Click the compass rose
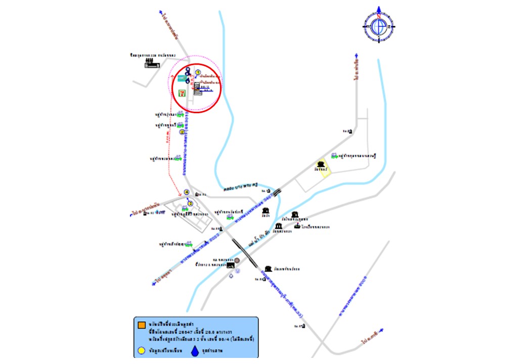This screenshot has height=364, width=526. (379, 26)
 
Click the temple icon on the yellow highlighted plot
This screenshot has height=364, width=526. (321, 164)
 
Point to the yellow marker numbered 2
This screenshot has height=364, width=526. (182, 132)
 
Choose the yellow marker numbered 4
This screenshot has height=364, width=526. (186, 192)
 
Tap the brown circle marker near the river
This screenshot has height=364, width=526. (237, 260)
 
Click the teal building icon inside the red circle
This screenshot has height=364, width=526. (181, 78)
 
